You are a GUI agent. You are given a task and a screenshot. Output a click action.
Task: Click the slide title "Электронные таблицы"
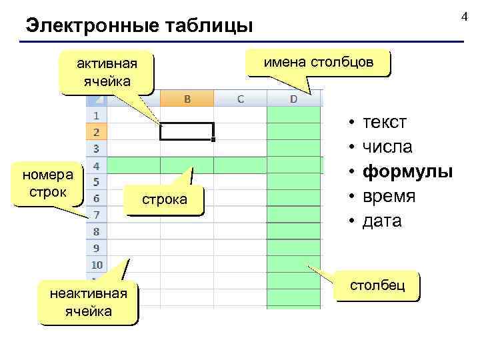tap(139, 27)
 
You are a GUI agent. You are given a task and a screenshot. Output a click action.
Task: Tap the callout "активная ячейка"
tap(107, 73)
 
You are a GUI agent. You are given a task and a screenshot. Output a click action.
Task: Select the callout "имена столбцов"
tap(317, 63)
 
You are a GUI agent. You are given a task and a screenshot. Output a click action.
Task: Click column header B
tap(187, 99)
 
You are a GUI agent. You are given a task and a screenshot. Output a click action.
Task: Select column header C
tap(240, 99)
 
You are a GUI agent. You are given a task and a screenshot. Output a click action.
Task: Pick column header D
tap(293, 99)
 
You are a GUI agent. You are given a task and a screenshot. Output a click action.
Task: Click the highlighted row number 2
tap(96, 132)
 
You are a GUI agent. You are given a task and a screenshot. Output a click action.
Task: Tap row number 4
tap(96, 165)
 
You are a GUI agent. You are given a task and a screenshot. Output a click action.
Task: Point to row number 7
tap(96, 215)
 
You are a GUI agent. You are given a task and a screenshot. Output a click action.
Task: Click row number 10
tap(96, 265)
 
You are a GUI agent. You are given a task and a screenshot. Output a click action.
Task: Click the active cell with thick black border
tap(187, 132)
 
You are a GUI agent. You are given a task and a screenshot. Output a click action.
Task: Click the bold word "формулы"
tap(407, 171)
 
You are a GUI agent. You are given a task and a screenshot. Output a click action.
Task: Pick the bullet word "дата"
tap(382, 221)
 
